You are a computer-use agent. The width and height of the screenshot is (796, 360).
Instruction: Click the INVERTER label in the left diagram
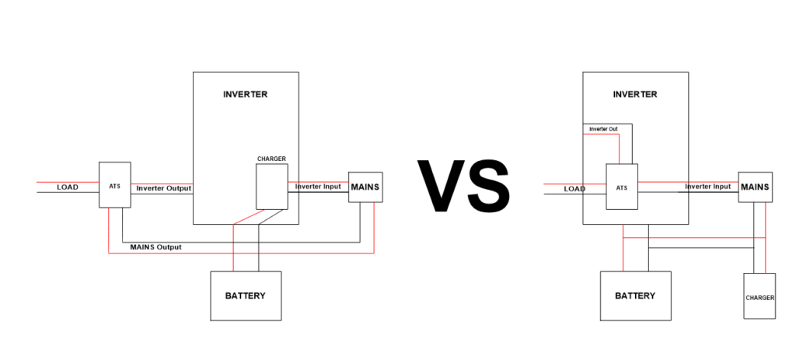245,95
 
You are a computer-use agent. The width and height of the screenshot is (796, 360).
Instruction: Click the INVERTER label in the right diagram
634,95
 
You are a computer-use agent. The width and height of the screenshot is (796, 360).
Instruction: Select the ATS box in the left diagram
114,185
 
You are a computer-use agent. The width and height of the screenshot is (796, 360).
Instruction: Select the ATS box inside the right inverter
622,187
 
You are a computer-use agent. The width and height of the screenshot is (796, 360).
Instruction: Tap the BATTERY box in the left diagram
245,295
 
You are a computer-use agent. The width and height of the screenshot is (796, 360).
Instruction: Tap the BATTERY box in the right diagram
634,295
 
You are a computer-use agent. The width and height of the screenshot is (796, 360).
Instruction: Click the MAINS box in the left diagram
365,187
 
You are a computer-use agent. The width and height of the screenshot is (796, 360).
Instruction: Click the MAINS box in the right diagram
755,187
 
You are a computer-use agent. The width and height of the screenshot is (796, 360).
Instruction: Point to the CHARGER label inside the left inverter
271,159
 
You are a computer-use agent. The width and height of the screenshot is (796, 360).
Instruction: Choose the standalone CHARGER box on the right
759,296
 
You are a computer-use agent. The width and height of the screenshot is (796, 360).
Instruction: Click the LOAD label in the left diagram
68,187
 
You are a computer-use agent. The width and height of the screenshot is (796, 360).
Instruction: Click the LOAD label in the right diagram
574,188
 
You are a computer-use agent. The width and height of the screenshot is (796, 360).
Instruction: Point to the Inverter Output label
163,188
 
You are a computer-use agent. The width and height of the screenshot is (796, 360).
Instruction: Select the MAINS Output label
155,247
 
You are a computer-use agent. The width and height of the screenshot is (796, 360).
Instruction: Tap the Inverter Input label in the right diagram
707,187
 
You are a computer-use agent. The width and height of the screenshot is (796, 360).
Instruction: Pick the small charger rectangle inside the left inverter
271,187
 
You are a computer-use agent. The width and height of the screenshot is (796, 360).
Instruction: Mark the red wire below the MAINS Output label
233,253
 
